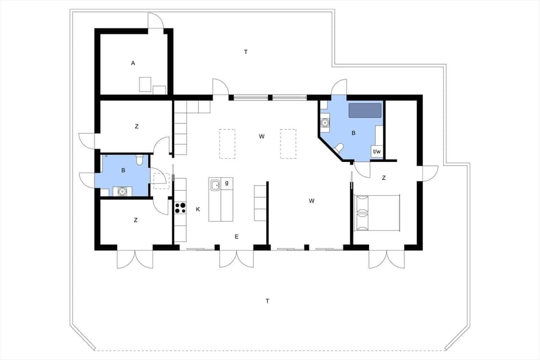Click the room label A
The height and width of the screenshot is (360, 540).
(x=133, y=63)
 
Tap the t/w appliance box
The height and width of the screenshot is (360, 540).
(x=377, y=152)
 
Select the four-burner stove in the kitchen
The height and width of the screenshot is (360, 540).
(x=180, y=208)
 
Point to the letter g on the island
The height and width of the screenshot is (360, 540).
(x=227, y=183)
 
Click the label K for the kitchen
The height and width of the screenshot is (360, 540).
(x=198, y=209)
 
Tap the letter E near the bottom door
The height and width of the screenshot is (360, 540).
(x=237, y=237)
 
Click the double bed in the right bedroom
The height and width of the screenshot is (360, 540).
(x=377, y=213)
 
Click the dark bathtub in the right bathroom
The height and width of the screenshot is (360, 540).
(x=364, y=110)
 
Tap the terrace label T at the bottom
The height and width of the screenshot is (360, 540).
(x=267, y=301)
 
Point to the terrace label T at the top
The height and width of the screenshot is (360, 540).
(x=246, y=52)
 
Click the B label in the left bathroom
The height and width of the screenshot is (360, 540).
(x=123, y=169)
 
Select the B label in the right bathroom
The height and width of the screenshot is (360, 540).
(x=353, y=133)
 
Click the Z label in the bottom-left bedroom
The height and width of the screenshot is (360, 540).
(x=136, y=220)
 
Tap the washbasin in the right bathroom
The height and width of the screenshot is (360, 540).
(x=325, y=121)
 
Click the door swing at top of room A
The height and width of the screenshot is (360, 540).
(x=156, y=21)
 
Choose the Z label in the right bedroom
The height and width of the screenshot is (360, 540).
(x=384, y=178)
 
